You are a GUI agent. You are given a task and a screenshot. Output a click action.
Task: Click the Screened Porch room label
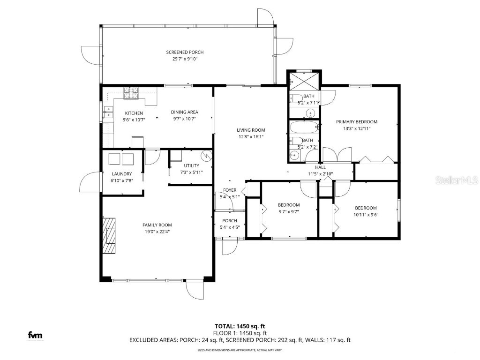[x=185, y=52]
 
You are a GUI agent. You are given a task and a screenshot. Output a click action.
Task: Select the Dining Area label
[x=184, y=112]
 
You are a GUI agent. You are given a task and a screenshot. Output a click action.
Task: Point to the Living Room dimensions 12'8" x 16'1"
[x=250, y=137]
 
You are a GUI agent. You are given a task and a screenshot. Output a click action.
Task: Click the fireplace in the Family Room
[x=110, y=235]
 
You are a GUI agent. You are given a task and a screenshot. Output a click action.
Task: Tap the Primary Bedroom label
[x=356, y=122]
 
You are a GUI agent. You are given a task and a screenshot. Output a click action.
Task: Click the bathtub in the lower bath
[x=303, y=127]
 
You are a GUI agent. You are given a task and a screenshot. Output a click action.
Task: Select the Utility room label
[x=191, y=165]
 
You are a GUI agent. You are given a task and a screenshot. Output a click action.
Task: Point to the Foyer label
[x=230, y=190]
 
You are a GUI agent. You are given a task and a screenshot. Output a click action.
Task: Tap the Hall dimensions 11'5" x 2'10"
[x=320, y=174]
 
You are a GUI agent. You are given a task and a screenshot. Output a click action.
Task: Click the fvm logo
[x=35, y=335]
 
